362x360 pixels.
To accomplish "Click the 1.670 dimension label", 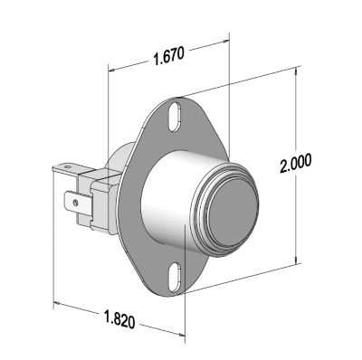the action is (168, 56).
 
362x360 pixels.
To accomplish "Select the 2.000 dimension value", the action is (295, 163).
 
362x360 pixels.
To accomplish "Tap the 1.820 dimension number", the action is (119, 318).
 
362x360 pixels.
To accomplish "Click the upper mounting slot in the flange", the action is (175, 118).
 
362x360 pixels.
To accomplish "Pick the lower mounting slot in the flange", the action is (175, 277).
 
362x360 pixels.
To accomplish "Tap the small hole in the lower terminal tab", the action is (76, 203).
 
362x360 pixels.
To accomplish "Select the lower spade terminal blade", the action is (78, 204).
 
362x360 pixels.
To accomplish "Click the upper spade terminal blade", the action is (71, 168).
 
